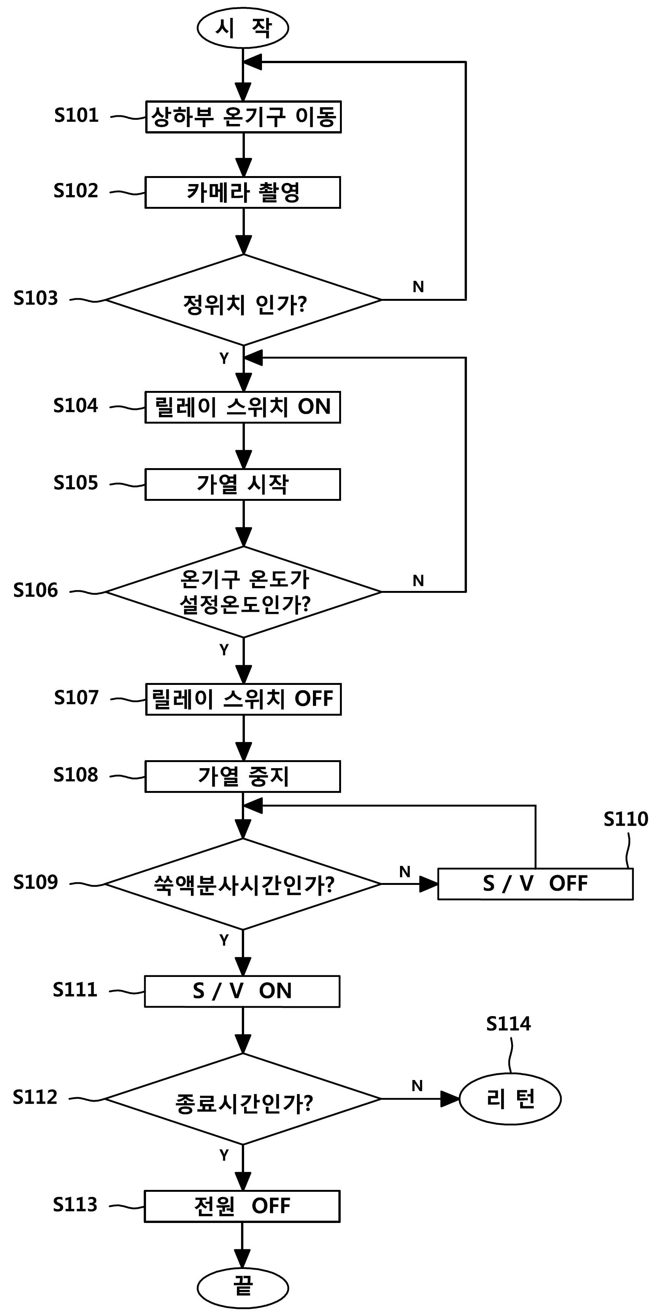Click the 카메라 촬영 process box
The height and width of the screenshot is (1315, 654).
click(243, 192)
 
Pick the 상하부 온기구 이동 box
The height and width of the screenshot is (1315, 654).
click(243, 117)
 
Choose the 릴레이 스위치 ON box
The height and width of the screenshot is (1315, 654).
click(243, 407)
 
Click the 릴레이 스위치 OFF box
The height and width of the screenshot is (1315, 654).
click(243, 699)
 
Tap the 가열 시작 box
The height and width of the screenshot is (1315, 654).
click(243, 484)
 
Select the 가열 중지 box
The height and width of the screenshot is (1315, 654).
click(243, 777)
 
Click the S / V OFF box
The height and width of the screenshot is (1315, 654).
click(535, 884)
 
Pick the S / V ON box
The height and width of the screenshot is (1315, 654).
click(243, 991)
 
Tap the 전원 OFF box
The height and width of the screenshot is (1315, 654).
click(243, 1206)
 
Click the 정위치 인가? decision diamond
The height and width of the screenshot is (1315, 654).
click(243, 300)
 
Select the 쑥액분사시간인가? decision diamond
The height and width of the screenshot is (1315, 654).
click(243, 884)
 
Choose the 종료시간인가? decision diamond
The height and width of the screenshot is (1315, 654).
click(243, 1099)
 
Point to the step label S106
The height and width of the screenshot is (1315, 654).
click(36, 591)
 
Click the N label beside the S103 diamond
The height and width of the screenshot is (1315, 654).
click(419, 287)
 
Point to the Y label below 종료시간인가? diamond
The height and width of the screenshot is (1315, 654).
click(224, 1155)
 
